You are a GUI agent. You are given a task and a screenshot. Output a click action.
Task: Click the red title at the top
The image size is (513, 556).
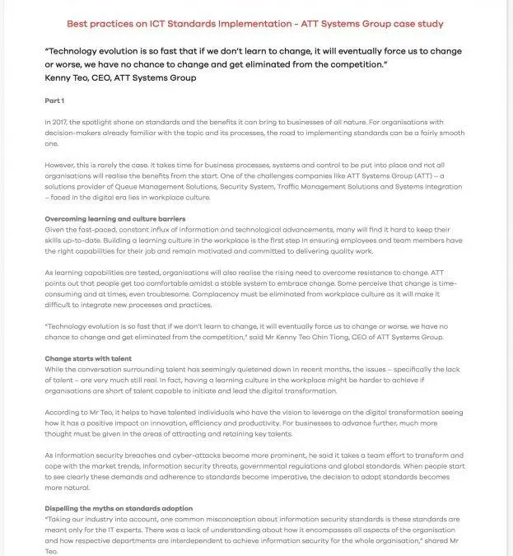pos(254,24)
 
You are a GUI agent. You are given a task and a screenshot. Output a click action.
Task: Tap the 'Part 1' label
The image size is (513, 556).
pos(56,100)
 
